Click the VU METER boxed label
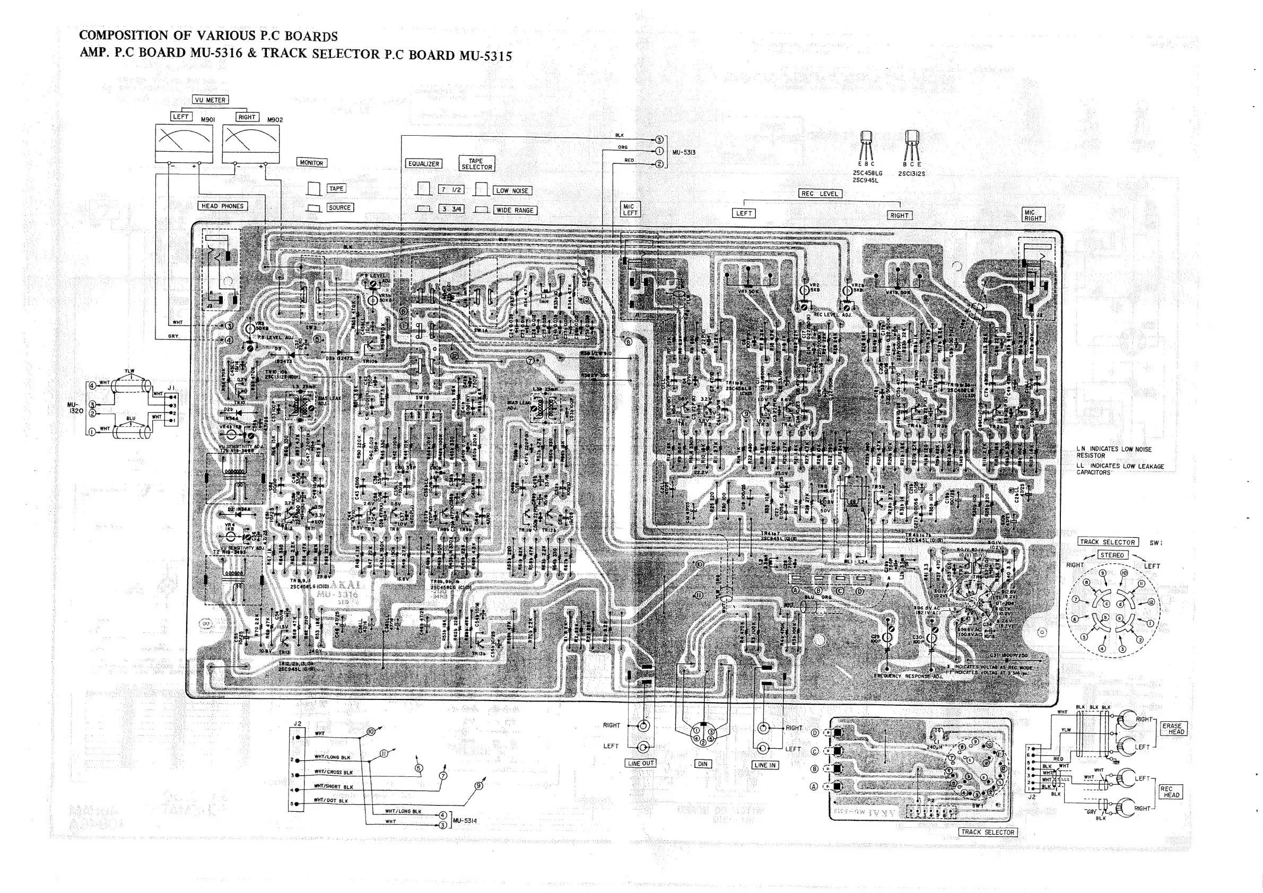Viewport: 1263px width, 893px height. pyautogui.click(x=210, y=100)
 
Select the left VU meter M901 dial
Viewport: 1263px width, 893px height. pyautogui.click(x=184, y=144)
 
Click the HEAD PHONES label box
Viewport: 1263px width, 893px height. pyautogui.click(x=222, y=206)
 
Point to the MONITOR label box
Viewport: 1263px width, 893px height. pyautogui.click(x=311, y=163)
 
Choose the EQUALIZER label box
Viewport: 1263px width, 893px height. pyautogui.click(x=424, y=164)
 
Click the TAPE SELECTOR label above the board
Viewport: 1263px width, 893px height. pyautogui.click(x=476, y=164)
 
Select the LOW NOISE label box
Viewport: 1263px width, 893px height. pyautogui.click(x=511, y=191)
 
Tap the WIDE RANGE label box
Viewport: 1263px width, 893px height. pyautogui.click(x=515, y=210)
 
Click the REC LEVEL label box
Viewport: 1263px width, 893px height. pyautogui.click(x=820, y=194)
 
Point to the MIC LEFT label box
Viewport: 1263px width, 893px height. pyautogui.click(x=630, y=209)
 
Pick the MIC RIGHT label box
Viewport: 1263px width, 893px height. pyautogui.click(x=1032, y=214)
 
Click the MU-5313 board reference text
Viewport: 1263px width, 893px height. pyautogui.click(x=684, y=152)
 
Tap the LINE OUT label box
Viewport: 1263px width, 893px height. pyautogui.click(x=640, y=763)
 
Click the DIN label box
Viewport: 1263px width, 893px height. pyautogui.click(x=702, y=764)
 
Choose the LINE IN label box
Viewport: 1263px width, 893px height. pyautogui.click(x=764, y=765)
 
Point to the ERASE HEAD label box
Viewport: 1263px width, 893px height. pyautogui.click(x=1173, y=729)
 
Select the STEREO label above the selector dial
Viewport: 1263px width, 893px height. pyautogui.click(x=1112, y=555)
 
